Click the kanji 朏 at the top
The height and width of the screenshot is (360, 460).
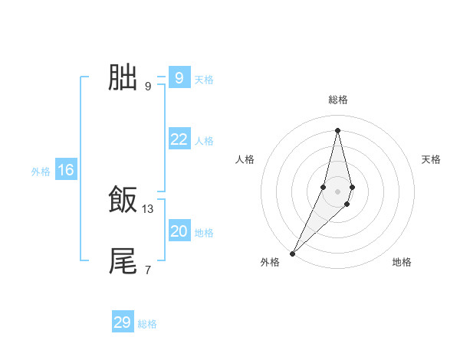point(123,77)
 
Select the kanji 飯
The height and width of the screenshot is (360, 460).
point(123,201)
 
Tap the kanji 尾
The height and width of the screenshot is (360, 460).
point(123,261)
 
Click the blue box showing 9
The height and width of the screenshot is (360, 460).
point(179,78)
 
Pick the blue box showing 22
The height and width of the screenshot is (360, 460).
point(179,139)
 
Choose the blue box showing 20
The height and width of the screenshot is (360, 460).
point(179,231)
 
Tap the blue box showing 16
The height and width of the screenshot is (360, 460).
point(65,170)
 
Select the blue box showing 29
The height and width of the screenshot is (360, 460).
point(123,322)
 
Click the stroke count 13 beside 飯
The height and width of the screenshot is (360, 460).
point(148,208)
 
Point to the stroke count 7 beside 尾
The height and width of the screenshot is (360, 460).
point(148,270)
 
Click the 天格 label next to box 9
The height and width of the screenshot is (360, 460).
point(204,80)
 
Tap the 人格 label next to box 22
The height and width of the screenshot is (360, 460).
point(204,141)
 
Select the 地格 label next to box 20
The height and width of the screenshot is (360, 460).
point(204,233)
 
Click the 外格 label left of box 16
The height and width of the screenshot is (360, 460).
point(41,172)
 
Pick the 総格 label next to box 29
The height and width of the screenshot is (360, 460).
point(147,324)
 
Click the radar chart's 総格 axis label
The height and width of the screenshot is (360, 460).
point(338,100)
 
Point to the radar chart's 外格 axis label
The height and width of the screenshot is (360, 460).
point(270,262)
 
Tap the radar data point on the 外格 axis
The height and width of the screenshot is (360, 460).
point(293,253)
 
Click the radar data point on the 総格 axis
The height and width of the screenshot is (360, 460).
point(338,130)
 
